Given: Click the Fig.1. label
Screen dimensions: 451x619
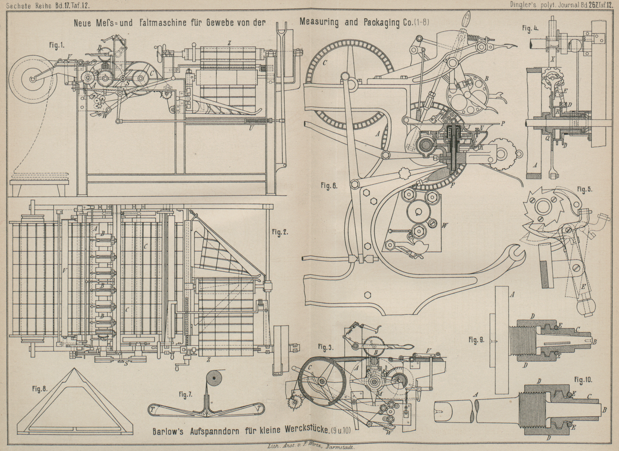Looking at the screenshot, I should tap(57, 46).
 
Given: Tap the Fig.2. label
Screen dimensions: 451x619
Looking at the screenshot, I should tap(280, 232).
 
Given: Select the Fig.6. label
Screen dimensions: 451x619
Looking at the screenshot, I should tap(329, 186).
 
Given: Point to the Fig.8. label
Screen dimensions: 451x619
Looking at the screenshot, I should tap(39, 388).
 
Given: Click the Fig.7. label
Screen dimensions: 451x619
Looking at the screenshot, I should tap(186, 395).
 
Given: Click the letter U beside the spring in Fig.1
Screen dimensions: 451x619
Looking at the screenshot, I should tap(252, 127).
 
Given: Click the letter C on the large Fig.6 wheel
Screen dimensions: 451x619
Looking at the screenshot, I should tap(325, 62).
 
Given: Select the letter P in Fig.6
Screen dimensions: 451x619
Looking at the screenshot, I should tap(503, 124).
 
